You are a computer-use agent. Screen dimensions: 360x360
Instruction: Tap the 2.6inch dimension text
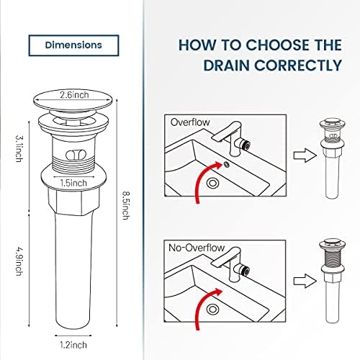point(74,94)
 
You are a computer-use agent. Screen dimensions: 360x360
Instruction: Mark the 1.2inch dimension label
point(75,325)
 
